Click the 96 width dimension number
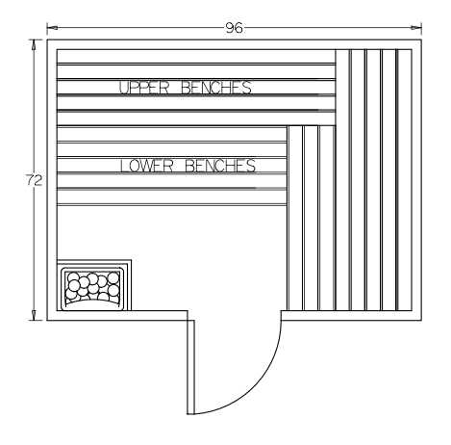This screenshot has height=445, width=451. point(235,28)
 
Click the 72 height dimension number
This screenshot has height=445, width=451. point(34,180)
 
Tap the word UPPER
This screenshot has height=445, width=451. point(144,88)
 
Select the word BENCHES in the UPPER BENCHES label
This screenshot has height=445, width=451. point(216,88)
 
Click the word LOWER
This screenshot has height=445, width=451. point(146,166)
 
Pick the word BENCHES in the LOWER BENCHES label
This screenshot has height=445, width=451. point(220,166)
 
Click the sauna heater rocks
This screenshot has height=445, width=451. point(92,287)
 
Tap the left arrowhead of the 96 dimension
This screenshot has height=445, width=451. point(52,28)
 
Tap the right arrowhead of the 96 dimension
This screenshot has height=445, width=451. point(416,28)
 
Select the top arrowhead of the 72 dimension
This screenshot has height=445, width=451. point(34,45)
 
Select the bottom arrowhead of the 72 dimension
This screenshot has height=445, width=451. point(34,315)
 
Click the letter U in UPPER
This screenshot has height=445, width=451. point(124,88)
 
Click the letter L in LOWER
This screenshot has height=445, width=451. point(124,166)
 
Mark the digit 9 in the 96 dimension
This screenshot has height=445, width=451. point(230,28)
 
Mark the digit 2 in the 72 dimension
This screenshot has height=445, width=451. point(38,180)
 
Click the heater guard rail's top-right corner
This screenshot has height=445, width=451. point(131,259)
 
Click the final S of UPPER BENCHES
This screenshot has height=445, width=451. point(247,88)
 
